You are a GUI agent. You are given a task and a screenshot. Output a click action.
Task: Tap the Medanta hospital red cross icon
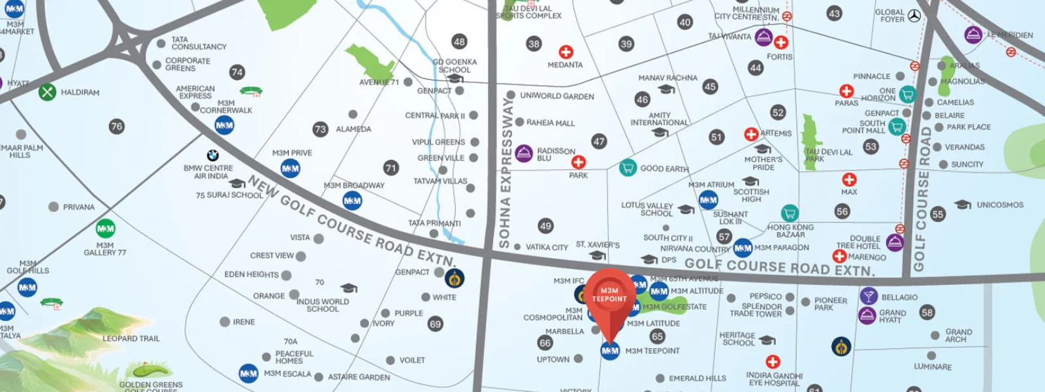(x=566, y=52)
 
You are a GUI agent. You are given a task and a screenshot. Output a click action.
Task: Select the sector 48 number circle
(x=459, y=42)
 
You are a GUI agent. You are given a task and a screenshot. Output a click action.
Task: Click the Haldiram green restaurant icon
(x=47, y=92)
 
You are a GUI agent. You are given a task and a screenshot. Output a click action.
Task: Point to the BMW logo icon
(x=212, y=155)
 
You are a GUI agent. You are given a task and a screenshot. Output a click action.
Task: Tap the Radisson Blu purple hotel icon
(x=524, y=154)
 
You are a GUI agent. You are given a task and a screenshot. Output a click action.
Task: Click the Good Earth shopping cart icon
(x=628, y=168)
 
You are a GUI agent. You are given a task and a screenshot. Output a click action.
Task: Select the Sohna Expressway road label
(x=505, y=173)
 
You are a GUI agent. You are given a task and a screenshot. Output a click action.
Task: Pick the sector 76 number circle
(x=116, y=126)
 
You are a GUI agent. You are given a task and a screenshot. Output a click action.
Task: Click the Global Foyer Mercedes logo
(x=914, y=16)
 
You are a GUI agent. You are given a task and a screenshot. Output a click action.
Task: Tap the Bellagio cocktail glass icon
(x=868, y=296)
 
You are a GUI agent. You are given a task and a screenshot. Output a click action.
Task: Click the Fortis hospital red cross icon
(x=780, y=42)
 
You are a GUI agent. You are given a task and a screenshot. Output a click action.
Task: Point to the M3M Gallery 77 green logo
(x=105, y=229)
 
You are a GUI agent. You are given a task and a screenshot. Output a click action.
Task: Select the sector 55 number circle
(x=938, y=214)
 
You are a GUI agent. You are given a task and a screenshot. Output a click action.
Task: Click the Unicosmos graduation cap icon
(x=963, y=205)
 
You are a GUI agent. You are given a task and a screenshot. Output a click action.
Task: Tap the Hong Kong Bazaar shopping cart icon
(x=790, y=213)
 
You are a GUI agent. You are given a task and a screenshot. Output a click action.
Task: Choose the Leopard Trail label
(x=131, y=338)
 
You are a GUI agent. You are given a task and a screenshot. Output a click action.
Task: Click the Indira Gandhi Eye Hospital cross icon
(x=773, y=361)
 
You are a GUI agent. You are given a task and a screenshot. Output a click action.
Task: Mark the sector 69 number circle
(x=435, y=323)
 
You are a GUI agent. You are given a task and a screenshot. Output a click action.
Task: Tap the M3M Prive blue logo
(x=291, y=169)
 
